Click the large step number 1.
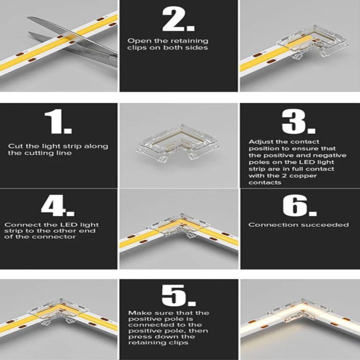point(58,122)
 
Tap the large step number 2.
point(178,20)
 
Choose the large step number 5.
point(179,295)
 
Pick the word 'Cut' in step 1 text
point(14,146)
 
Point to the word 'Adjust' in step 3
point(259,142)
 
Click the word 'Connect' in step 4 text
point(19,225)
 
